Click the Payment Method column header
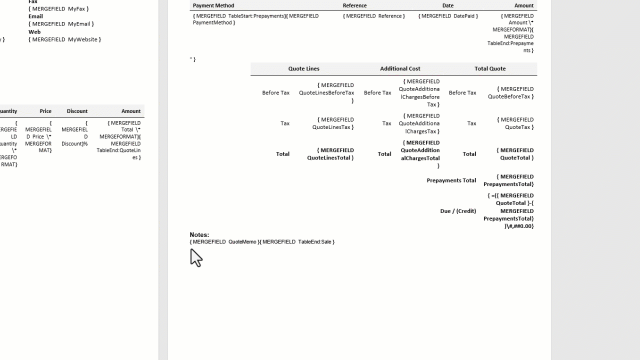pyautogui.click(x=213, y=5)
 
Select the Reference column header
pyautogui.click(x=354, y=5)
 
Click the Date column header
pyautogui.click(x=447, y=5)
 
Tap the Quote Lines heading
pyautogui.click(x=303, y=68)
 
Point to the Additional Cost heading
pyautogui.click(x=400, y=68)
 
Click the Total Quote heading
pyautogui.click(x=490, y=68)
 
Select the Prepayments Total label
pyautogui.click(x=451, y=180)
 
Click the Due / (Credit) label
pyautogui.click(x=458, y=211)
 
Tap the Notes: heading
pyautogui.click(x=199, y=234)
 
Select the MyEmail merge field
pyautogui.click(x=61, y=24)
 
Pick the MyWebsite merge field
pyautogui.click(x=64, y=39)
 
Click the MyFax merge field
pyautogui.click(x=58, y=9)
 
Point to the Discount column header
pyautogui.click(x=77, y=111)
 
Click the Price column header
pyautogui.click(x=45, y=111)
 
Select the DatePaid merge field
pyautogui.click(x=448, y=16)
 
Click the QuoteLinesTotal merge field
pyautogui.click(x=330, y=154)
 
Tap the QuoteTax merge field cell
pyautogui.click(x=515, y=123)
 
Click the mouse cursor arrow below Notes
pyautogui.click(x=195, y=257)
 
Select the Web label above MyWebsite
pyautogui.click(x=34, y=32)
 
